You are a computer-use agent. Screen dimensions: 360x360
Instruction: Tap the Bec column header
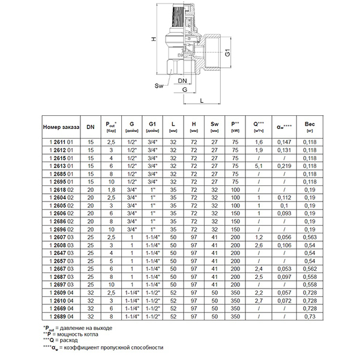click(x=310, y=122)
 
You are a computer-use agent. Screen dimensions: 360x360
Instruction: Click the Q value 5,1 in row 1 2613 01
click(x=259, y=165)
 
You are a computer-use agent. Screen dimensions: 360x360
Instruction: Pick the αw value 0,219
click(x=285, y=165)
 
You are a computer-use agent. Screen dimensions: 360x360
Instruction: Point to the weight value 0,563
click(x=310, y=236)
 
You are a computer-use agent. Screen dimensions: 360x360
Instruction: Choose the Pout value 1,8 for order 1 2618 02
click(x=110, y=189)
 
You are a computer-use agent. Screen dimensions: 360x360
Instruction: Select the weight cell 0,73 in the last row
click(x=310, y=316)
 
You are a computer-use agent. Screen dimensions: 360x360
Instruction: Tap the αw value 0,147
click(x=285, y=142)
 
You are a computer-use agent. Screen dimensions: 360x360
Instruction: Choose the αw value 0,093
click(x=285, y=213)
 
